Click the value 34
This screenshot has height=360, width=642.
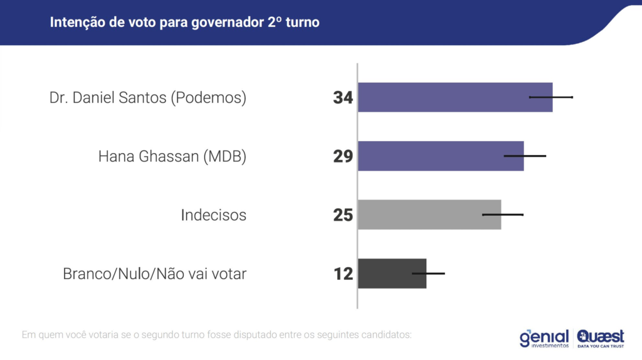tap(344, 98)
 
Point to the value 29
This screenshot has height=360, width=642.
tap(344, 156)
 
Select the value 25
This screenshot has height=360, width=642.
tap(344, 215)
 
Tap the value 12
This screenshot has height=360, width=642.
tap(344, 273)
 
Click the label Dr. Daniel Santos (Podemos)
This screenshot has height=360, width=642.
tap(148, 98)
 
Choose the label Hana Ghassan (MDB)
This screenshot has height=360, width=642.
tap(172, 157)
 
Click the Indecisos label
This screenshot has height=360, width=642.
tap(213, 215)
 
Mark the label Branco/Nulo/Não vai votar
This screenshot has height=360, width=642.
tap(155, 274)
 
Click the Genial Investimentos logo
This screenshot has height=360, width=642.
tap(544, 338)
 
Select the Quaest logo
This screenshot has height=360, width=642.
tap(601, 338)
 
